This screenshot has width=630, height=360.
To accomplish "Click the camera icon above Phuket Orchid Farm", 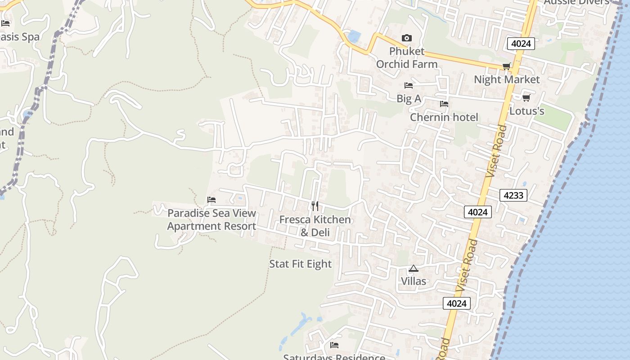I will (406, 38).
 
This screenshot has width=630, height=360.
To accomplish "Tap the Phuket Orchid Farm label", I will (407, 58).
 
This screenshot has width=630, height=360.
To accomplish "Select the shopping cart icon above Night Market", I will (506, 67).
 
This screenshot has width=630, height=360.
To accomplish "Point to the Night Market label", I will (507, 80).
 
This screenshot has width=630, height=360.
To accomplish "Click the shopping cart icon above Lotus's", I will (526, 98).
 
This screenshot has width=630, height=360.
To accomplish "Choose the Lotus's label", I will (526, 111).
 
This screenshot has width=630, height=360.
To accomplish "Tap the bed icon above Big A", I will (409, 85).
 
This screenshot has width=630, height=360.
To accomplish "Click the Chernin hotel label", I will (444, 117).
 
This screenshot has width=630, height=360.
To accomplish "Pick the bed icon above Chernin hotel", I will (444, 104).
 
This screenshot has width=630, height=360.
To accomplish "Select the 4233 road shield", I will (513, 195).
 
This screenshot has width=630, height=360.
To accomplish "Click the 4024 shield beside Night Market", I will (521, 44).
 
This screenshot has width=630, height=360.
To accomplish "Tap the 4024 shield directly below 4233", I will (477, 212).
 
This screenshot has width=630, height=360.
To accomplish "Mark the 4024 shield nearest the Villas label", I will (456, 303).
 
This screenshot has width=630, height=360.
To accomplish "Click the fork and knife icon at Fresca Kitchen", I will (315, 206).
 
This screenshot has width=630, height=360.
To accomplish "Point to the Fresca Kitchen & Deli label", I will (315, 226).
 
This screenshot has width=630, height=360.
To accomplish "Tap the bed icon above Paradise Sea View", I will (211, 200).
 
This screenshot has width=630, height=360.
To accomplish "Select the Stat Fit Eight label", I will (300, 264).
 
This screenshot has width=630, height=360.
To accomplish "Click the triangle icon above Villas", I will (414, 269).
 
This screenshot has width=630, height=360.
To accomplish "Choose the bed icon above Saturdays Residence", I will (334, 345).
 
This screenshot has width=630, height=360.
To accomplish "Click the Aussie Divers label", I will (576, 2).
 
